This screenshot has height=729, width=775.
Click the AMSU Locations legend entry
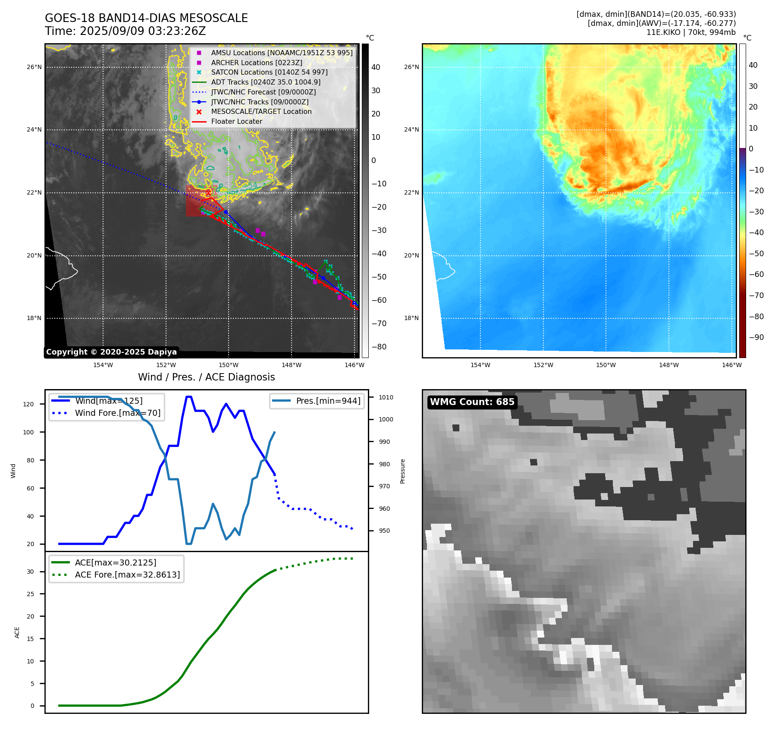click(282, 53)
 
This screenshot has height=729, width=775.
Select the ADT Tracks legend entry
click(266, 82)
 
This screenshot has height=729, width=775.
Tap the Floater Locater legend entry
click(236, 122)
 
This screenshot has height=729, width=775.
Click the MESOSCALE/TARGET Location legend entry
click(261, 111)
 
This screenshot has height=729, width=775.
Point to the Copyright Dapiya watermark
click(111, 352)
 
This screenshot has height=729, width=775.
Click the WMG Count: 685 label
click(472, 402)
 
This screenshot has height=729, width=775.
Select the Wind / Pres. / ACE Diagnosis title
click(206, 377)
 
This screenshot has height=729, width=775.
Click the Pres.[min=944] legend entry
click(328, 401)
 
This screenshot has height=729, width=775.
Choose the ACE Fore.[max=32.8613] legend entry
click(127, 575)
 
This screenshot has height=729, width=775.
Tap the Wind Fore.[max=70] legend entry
click(117, 413)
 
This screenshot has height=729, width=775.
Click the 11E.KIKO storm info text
click(690, 32)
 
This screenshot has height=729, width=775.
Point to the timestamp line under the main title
click(125, 31)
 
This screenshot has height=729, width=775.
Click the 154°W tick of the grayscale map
click(103, 365)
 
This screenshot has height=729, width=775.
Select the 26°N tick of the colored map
click(411, 67)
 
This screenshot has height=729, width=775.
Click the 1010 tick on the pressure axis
click(386, 397)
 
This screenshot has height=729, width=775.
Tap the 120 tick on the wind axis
click(28, 404)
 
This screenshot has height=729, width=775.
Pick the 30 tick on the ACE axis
click(30, 572)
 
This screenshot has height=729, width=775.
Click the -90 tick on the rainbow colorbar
click(756, 337)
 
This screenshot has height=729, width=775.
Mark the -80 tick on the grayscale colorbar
click(379, 347)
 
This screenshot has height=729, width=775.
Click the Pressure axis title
click(402, 471)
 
